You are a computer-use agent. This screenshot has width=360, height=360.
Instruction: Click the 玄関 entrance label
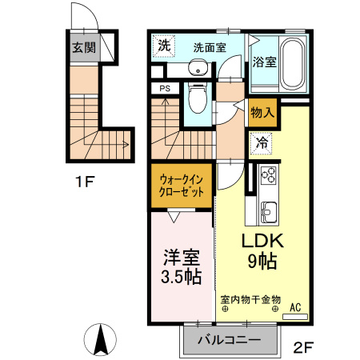83,47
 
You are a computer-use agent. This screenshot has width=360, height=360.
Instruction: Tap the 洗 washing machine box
163,45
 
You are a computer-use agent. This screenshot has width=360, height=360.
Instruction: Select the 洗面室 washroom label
209,46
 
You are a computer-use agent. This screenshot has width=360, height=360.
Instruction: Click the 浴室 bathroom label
265,62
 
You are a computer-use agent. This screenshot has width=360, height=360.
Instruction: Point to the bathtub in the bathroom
291,64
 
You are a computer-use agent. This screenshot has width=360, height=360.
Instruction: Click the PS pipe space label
165,89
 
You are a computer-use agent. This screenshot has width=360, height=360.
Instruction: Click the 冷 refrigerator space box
262,145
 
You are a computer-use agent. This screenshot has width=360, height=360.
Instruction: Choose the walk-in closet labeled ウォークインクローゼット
184,186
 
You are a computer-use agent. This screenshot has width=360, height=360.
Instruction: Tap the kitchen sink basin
266,213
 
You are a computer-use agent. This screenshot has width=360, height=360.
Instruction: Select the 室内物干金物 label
250,300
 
